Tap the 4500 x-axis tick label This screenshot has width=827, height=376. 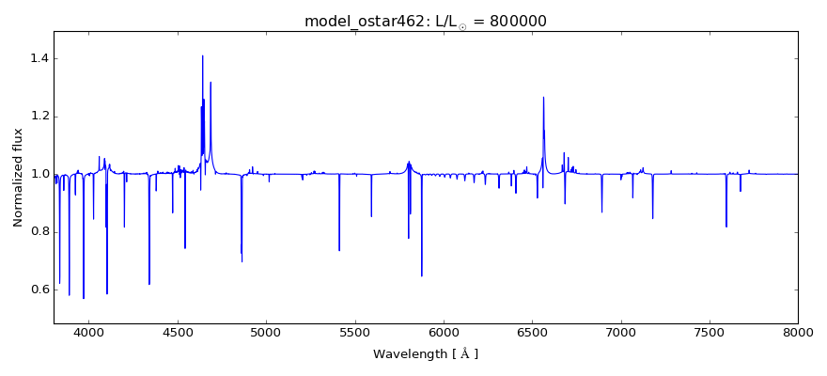click(178, 332)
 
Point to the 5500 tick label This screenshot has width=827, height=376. click(355, 332)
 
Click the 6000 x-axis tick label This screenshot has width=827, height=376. click(444, 332)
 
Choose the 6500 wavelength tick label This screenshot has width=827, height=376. click(532, 332)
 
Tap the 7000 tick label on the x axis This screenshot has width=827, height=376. click(621, 332)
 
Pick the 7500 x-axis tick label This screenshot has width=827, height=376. click(710, 332)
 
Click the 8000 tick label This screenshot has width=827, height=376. click(798, 332)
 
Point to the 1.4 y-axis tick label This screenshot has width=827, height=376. click(39, 58)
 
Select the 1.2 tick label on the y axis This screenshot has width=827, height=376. click(39, 117)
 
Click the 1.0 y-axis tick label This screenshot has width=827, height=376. click(39, 174)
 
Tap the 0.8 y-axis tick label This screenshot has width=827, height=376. click(39, 232)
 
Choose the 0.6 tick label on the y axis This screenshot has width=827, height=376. click(39, 290)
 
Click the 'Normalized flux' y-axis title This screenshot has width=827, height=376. click(18, 178)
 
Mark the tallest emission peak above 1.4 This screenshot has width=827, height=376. click(202, 55)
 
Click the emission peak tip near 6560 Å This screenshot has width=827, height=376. click(543, 97)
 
